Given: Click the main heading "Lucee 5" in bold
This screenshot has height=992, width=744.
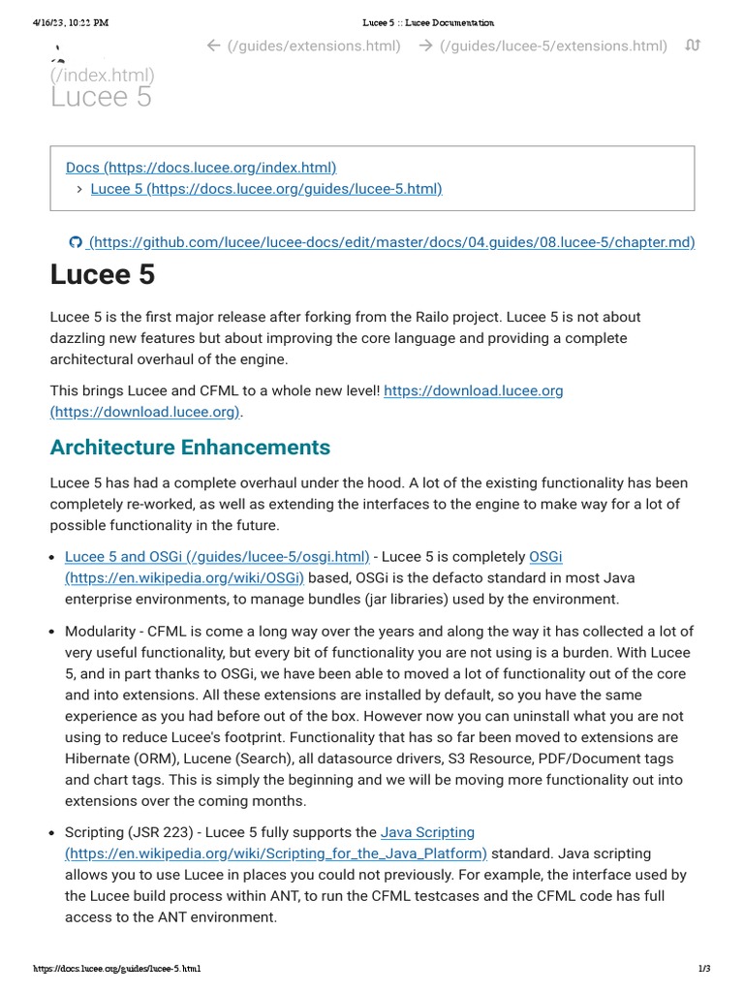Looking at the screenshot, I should [x=102, y=275].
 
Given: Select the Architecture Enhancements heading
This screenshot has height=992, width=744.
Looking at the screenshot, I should [x=190, y=447].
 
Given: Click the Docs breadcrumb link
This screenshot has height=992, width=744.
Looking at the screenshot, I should [x=201, y=168].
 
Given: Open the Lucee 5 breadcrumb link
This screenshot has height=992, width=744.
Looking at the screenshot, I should [x=265, y=188].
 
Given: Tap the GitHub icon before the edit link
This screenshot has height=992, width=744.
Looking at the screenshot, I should [x=75, y=242].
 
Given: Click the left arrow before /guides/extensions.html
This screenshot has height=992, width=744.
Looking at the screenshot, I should [x=214, y=46].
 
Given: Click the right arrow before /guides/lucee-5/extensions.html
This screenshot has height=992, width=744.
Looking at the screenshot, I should [x=425, y=46].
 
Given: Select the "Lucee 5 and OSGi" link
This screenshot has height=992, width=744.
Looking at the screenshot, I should [x=217, y=556].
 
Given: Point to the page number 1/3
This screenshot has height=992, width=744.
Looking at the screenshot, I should [x=704, y=968].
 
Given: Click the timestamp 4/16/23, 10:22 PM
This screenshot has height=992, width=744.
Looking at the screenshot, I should [x=71, y=22].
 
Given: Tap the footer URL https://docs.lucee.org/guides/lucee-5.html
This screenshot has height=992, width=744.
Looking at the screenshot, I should [x=116, y=968].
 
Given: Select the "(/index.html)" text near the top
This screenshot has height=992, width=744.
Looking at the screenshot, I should [x=102, y=75].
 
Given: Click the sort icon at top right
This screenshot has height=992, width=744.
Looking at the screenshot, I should [x=692, y=46].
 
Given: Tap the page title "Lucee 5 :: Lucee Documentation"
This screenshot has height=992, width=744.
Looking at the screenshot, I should [x=427, y=22].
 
